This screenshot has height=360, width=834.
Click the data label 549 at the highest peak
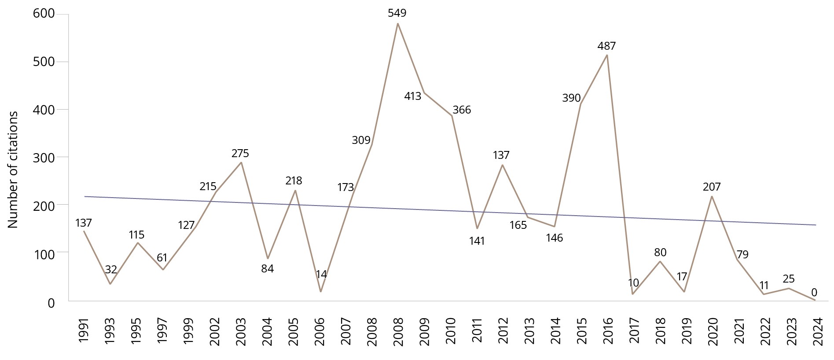397,13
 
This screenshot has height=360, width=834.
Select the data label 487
606,46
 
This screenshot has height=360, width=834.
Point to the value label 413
412,96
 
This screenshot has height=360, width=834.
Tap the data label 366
462,110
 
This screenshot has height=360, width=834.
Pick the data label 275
240,153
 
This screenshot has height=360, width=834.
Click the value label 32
111,269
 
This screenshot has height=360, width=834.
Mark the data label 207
712,187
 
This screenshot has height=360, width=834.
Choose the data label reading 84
267,268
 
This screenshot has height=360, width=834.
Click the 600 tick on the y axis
44,14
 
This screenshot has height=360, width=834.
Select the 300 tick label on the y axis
44,157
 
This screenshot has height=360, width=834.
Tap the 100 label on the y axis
44,254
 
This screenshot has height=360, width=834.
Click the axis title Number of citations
13,169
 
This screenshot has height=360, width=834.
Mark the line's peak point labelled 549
397,23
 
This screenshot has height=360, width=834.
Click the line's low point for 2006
320,291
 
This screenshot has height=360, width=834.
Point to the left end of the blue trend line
85,196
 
